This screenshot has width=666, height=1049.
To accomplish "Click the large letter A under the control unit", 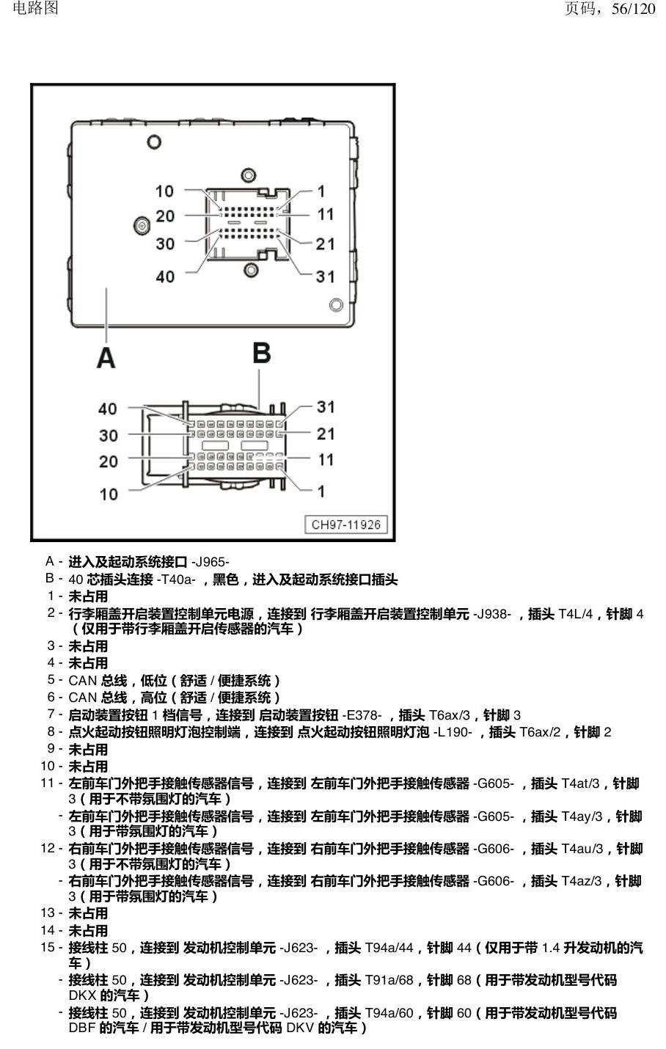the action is [106, 358].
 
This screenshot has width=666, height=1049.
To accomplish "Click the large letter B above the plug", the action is [262, 353].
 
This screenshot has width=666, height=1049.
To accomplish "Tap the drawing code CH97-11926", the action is [346, 524].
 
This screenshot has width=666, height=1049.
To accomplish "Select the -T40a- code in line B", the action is [176, 580].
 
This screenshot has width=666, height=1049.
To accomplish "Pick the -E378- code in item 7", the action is [362, 715].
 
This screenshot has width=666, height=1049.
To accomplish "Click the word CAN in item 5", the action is [83, 681].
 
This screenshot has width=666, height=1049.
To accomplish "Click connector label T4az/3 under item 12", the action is [581, 881].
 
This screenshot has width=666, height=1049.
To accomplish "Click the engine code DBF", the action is [82, 1028].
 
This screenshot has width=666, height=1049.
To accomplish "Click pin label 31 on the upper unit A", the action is [325, 277].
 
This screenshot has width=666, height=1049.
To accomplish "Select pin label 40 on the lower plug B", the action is [108, 409].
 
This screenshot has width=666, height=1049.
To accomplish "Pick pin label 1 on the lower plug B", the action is [321, 491].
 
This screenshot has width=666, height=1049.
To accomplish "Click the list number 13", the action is [48, 913].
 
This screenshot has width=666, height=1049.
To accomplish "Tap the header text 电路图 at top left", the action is [36, 8].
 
